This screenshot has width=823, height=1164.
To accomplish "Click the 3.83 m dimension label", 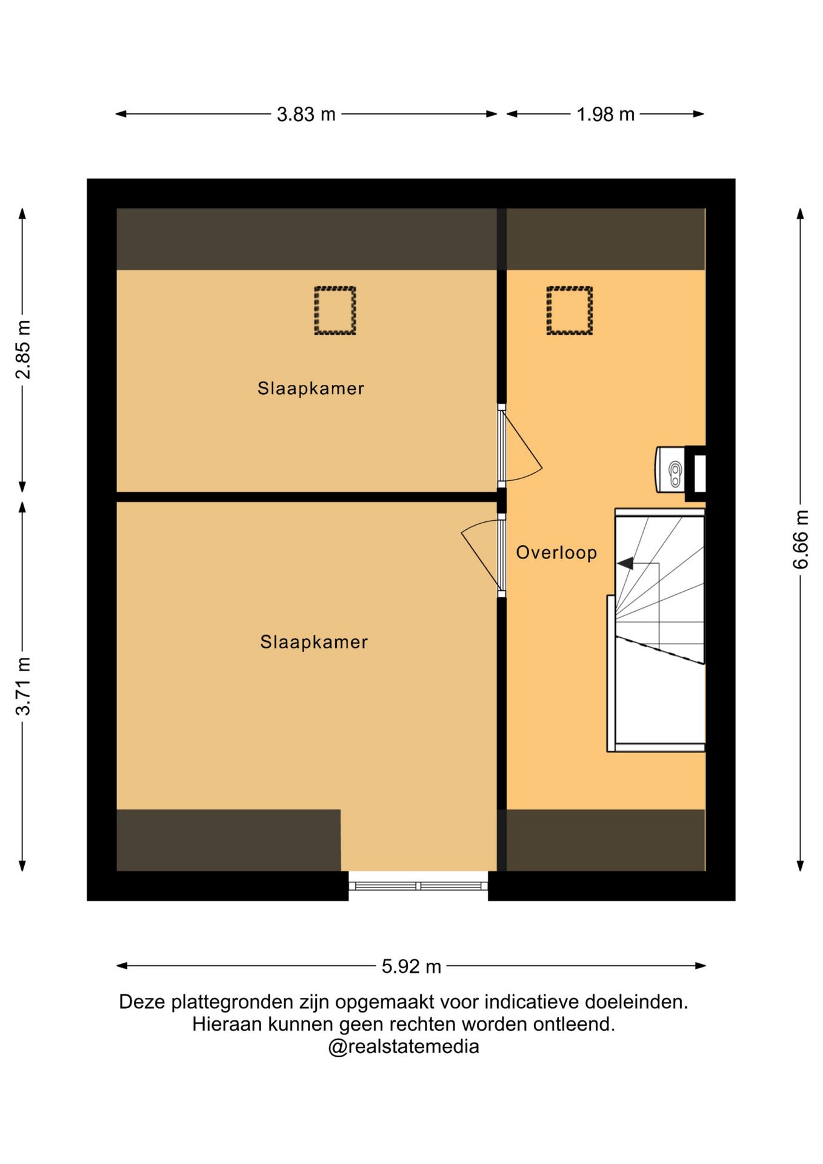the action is pos(306,114).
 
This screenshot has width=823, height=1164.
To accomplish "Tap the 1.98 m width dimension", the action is pos(605,114).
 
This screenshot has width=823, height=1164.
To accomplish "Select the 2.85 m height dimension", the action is pos(23,350).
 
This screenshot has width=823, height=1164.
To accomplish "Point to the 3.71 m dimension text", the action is pos(23,686).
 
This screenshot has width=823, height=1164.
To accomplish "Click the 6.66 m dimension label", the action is pos(801,540).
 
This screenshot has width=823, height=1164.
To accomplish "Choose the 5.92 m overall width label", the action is pos(411,966).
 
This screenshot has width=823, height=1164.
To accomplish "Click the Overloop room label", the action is pos(556,552).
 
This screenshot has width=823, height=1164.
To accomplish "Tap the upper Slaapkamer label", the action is pos(311,388).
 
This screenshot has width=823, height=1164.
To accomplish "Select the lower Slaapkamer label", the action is pos(314,642).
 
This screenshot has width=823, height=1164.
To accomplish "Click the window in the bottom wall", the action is pos(418,886).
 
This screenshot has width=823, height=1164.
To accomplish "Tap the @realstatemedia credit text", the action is pos(404,1047).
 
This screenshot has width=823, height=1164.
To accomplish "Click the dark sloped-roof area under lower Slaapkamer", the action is pos(228,840).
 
